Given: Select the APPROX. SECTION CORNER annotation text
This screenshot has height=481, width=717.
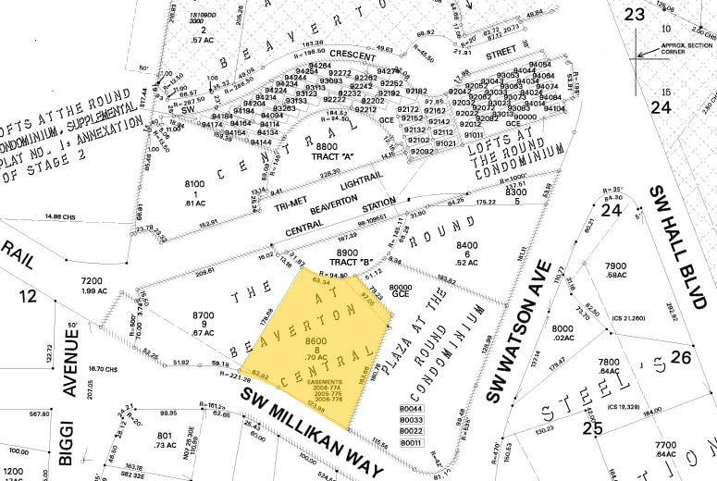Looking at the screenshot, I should click(x=686, y=46).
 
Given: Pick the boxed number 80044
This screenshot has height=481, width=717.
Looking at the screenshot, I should click(x=411, y=408).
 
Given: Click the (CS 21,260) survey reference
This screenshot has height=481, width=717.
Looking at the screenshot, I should click(x=628, y=319).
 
